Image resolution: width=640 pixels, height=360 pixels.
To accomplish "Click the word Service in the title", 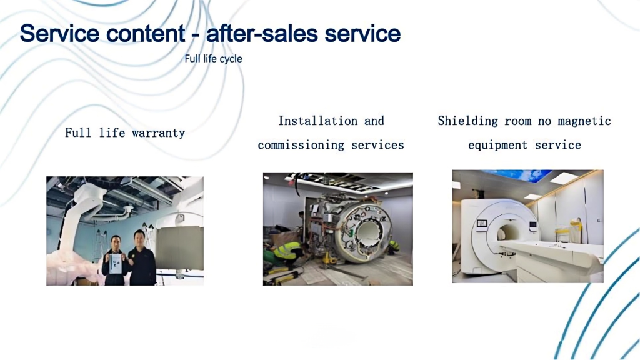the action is [x=59, y=33].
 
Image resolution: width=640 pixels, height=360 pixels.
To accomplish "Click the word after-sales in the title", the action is [x=262, y=33].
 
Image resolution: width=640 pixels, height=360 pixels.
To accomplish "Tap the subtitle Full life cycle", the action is [x=213, y=59].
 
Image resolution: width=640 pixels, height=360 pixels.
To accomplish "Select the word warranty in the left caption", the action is [x=158, y=132].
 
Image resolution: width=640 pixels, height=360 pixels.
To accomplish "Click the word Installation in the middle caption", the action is [x=317, y=121].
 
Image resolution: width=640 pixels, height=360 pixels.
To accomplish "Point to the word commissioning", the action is [x=301, y=145].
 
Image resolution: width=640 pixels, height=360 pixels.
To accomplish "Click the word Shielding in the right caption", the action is [x=467, y=121].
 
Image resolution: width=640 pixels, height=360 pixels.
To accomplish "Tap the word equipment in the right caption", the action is [x=498, y=145].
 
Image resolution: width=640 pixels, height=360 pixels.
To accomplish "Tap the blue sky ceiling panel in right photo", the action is [x=515, y=175].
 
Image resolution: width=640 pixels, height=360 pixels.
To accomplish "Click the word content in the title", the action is [x=146, y=33].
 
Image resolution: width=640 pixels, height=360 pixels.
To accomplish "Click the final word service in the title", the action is [x=362, y=33].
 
